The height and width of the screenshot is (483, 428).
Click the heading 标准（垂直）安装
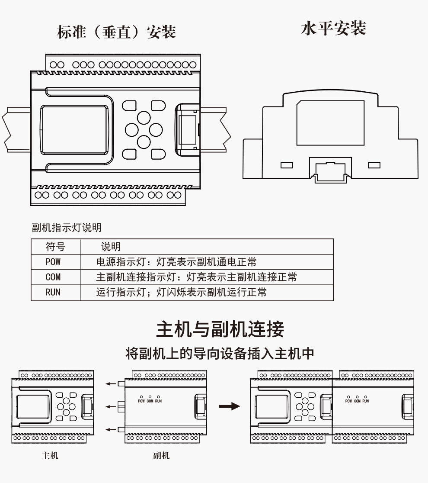(116, 32)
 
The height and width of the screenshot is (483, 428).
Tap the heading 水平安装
(333, 28)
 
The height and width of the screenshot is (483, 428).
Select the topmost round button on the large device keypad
(144, 117)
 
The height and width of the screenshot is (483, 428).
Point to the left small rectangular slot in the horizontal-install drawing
(287, 165)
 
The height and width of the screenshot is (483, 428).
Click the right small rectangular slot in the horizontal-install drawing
(374, 165)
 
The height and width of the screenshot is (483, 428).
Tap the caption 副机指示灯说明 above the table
(67, 228)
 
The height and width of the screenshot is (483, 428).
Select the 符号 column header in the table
(55, 247)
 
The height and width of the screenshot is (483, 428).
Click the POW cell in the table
(53, 262)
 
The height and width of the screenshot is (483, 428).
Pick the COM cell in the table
(53, 277)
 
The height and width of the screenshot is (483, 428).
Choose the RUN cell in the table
(53, 292)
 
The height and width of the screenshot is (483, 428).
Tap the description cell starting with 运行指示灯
(181, 292)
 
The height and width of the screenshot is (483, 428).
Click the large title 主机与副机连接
(220, 329)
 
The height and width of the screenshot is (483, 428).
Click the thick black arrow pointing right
(229, 406)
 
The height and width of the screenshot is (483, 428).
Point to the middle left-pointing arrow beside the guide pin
(111, 406)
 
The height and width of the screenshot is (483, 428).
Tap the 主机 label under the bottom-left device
(50, 455)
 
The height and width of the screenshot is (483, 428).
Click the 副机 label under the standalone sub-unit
(161, 455)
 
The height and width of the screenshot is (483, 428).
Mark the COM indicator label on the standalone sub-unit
(150, 401)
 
